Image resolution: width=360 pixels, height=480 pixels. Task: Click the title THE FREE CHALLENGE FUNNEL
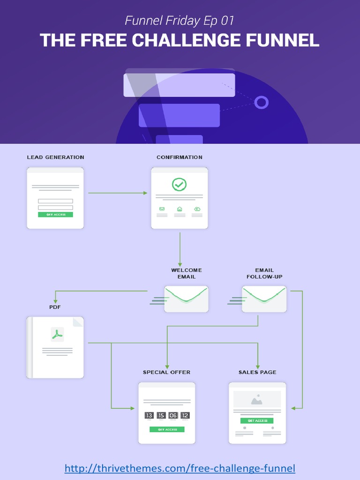[x=180, y=40]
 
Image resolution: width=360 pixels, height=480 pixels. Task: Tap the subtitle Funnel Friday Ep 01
[x=180, y=21]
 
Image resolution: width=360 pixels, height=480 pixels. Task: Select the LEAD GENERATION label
[x=55, y=157]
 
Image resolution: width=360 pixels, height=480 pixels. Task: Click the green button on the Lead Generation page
[x=55, y=214]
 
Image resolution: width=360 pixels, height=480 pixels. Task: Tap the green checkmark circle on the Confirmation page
[x=179, y=184]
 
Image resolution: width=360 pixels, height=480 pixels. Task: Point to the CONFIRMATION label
[x=180, y=157]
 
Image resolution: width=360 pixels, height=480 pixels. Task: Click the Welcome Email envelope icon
[x=186, y=299]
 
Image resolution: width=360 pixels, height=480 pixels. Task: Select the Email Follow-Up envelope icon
[x=264, y=299]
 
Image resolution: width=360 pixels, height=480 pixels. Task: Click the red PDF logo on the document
[x=57, y=334]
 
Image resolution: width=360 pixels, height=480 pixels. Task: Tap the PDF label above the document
[x=55, y=307]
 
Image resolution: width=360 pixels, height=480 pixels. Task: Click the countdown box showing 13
[x=149, y=415]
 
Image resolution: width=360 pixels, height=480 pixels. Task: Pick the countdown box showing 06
[x=173, y=415]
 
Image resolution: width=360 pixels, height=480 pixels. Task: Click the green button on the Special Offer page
[x=167, y=429]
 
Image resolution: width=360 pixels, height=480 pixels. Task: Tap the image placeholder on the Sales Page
[x=257, y=400]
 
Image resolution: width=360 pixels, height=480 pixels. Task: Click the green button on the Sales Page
[x=257, y=420]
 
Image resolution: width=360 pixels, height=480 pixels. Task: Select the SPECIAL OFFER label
[x=166, y=372]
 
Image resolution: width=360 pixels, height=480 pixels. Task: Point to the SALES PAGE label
[x=257, y=372]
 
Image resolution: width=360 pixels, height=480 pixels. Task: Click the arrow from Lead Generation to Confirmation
[x=117, y=193]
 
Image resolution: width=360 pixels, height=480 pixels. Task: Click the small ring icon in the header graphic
[x=262, y=102]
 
